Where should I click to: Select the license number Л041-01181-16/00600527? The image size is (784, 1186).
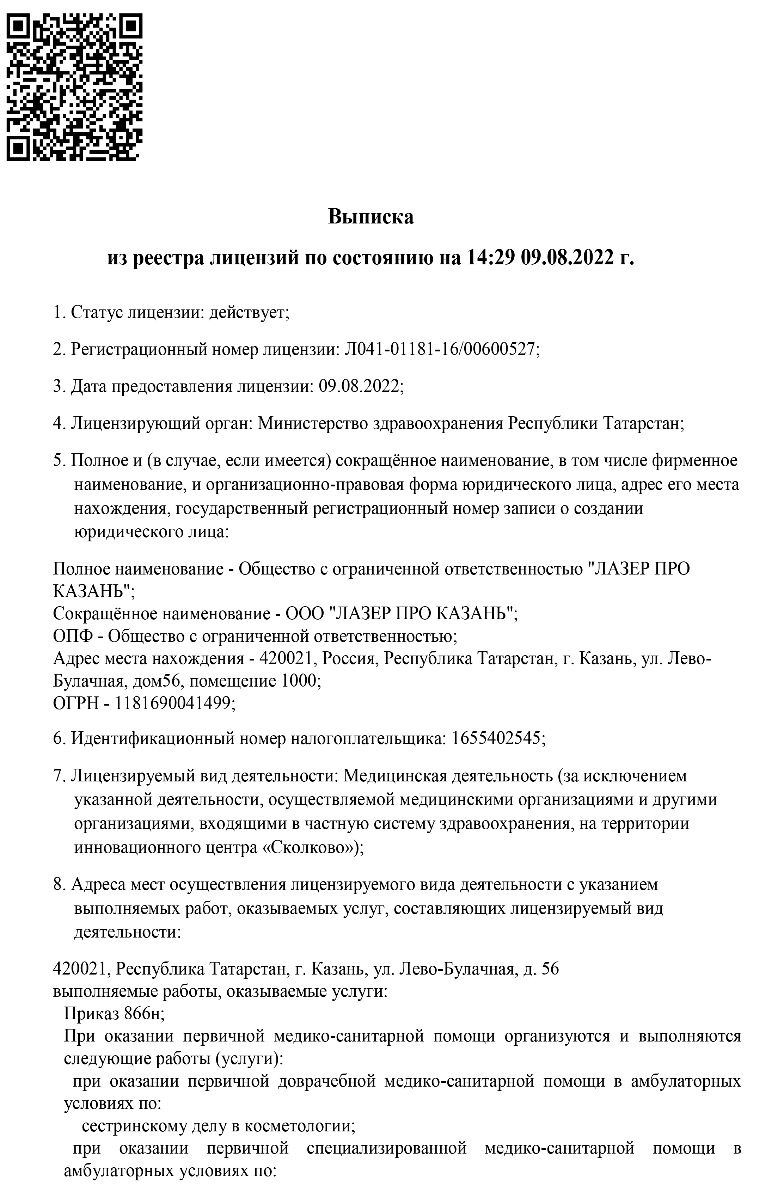[440, 349]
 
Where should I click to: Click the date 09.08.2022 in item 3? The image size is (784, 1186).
[359, 386]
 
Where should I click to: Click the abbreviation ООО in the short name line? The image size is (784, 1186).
[305, 613]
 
